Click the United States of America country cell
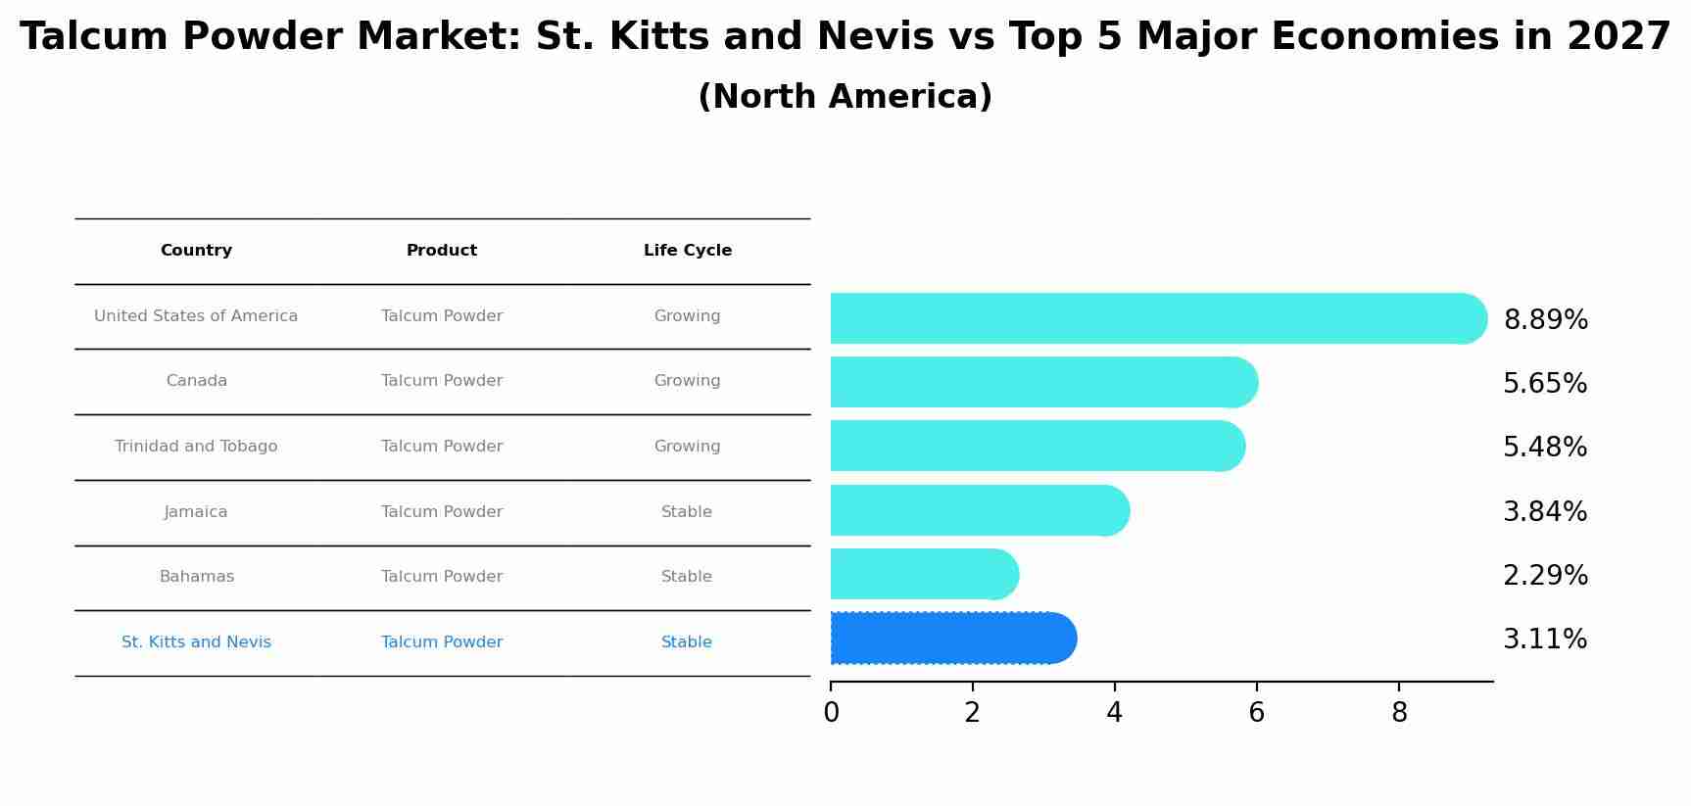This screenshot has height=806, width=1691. click(x=196, y=316)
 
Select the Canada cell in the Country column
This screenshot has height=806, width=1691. click(x=196, y=381)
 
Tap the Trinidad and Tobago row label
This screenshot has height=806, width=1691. click(x=196, y=447)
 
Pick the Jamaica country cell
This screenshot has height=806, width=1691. click(x=196, y=512)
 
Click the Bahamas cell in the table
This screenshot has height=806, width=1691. click(x=196, y=577)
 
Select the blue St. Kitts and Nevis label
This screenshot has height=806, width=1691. click(x=196, y=642)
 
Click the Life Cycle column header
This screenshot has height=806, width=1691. click(x=687, y=251)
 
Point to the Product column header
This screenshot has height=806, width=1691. click(x=442, y=251)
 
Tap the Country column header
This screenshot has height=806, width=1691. click(x=196, y=251)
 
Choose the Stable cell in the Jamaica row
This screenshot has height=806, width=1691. click(x=687, y=512)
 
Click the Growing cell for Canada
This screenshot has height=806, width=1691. click(x=687, y=381)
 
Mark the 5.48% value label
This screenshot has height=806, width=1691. click(x=1545, y=448)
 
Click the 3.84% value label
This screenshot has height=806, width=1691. click(x=1545, y=512)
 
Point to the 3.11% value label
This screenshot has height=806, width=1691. click(x=1545, y=640)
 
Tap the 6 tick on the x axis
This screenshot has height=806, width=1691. click(x=1256, y=713)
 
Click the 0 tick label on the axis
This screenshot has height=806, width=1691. click(x=831, y=713)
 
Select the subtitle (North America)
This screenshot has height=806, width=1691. click(x=845, y=97)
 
